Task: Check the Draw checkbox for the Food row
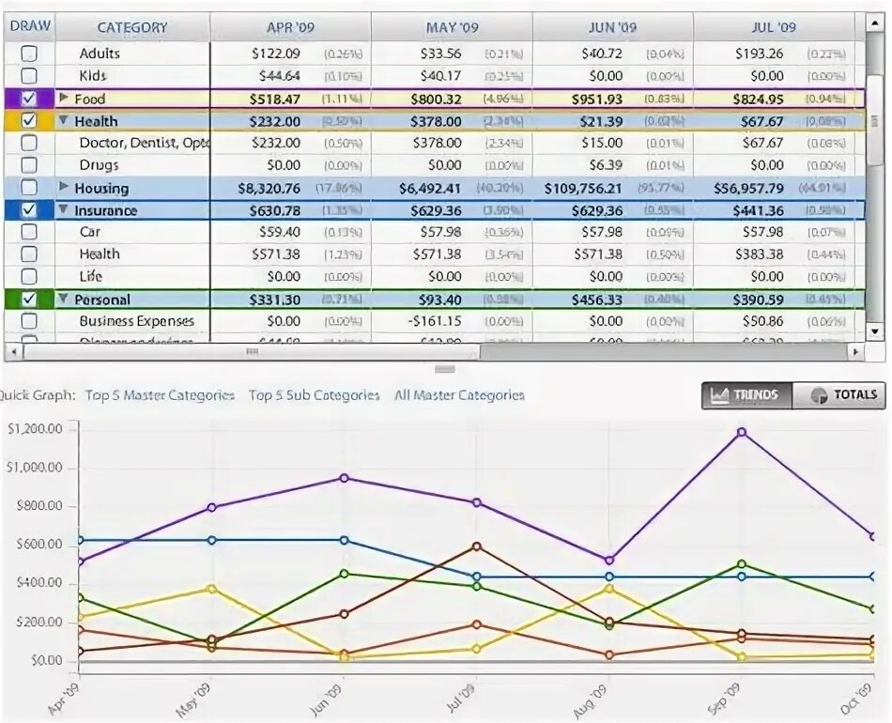tap(29, 99)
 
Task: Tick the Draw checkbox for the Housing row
tap(29, 188)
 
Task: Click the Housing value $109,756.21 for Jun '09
tap(583, 188)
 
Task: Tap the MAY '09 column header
tap(452, 27)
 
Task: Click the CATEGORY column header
tap(132, 27)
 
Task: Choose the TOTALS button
tap(840, 395)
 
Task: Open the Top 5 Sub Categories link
tap(315, 395)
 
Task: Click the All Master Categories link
tap(459, 395)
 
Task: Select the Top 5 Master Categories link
tap(160, 395)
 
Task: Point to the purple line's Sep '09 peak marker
tap(742, 432)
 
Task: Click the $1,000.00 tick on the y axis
tap(35, 468)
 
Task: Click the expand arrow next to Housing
tap(64, 188)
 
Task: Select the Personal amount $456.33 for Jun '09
tap(596, 300)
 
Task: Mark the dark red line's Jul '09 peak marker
tap(477, 546)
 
